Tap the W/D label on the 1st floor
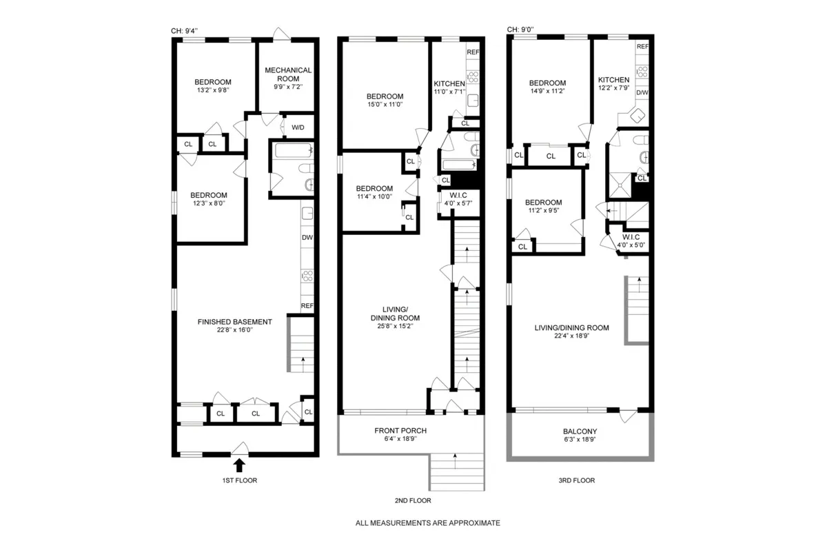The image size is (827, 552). [x=298, y=127]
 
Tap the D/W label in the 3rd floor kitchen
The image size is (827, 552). [x=642, y=92]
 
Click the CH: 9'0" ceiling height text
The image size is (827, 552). [x=520, y=30]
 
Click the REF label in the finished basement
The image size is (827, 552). [x=307, y=306]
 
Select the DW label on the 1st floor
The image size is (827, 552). [x=307, y=238]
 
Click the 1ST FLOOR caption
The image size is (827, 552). [x=239, y=480]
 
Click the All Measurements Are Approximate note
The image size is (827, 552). [x=427, y=523]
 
